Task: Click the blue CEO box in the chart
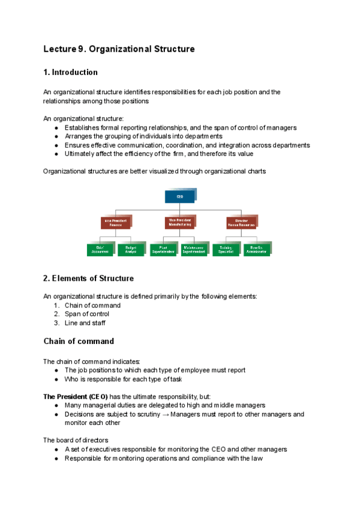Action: [x=179, y=196]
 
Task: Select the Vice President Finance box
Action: [x=116, y=222]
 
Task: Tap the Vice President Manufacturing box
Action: [x=179, y=222]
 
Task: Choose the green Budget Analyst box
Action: [x=131, y=248]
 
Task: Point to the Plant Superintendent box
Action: [x=163, y=248]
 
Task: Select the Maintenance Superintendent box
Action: [x=194, y=248]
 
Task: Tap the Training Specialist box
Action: [x=226, y=248]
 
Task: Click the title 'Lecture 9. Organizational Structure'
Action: [x=119, y=49]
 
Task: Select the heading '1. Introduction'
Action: [x=70, y=73]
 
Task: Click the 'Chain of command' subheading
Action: [x=79, y=342]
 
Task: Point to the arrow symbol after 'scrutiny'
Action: [x=166, y=414]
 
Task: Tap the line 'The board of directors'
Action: [x=76, y=440]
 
